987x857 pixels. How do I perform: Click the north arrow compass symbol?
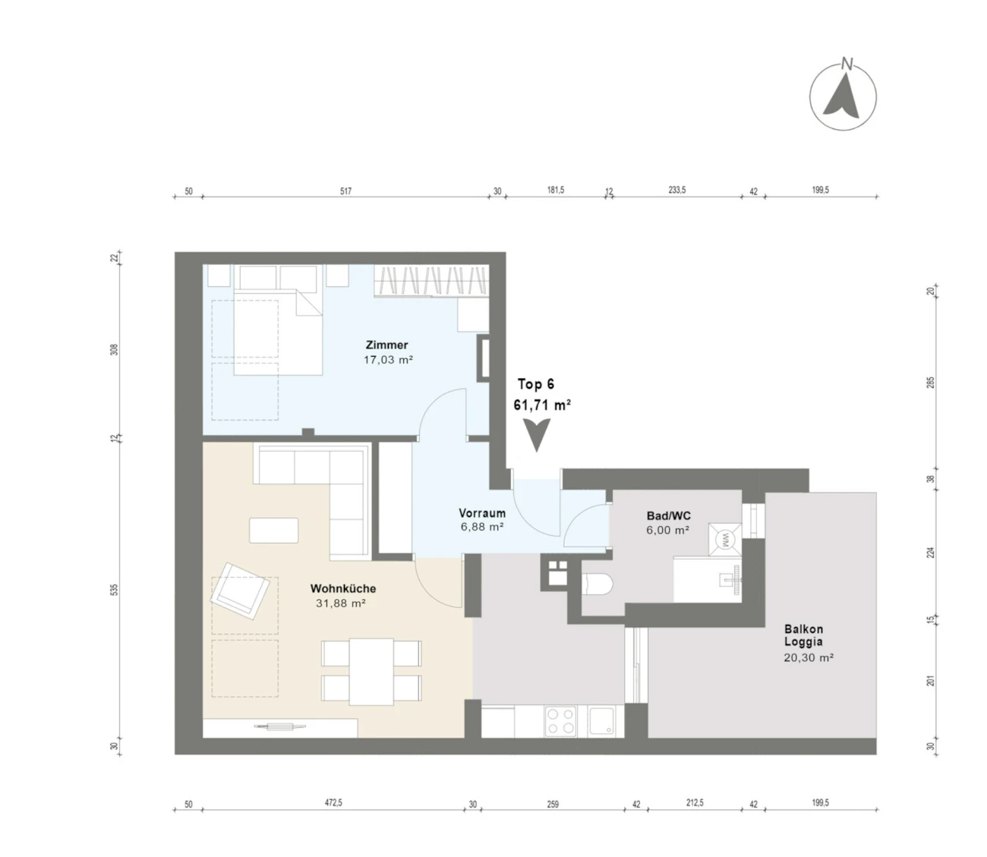coord(843,96)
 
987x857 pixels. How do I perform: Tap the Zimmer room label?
coord(387,345)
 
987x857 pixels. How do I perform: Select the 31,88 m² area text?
coord(341,603)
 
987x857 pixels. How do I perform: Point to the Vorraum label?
coord(482,513)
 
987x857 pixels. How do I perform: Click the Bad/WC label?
coord(669,515)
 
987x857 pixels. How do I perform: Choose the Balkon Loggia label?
coord(804,635)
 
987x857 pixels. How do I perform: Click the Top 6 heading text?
coord(536,384)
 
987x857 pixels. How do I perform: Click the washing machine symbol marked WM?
coord(724,539)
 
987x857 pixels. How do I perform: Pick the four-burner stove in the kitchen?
coord(560,721)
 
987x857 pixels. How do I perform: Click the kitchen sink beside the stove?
coord(601,720)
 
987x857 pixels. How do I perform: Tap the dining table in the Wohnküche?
coord(371,672)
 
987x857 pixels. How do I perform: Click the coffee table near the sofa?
coord(273,531)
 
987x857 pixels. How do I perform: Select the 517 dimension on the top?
coord(345,191)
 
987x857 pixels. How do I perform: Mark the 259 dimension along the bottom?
coord(553,804)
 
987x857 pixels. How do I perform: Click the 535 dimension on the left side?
coord(114,590)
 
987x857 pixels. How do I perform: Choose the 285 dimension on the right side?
coord(931,383)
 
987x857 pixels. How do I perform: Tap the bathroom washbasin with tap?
coord(730,578)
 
